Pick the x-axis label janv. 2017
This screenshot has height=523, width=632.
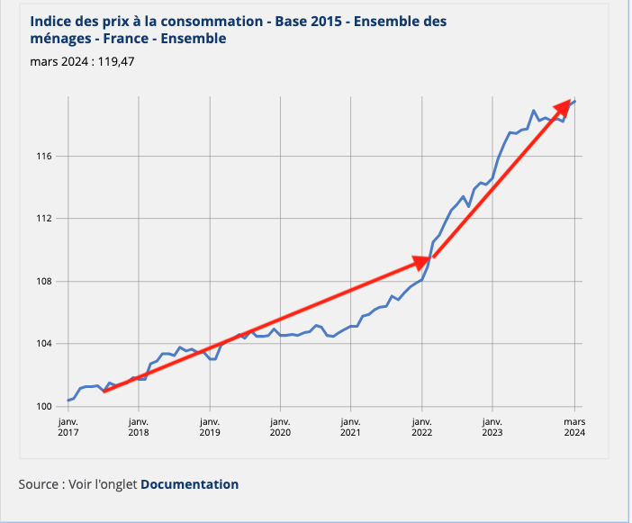click(68, 427)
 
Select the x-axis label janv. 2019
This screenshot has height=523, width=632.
click(209, 427)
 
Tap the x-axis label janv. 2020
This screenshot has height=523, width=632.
click(280, 427)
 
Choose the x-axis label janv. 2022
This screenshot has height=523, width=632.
click(421, 427)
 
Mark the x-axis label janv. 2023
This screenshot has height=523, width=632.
click(492, 427)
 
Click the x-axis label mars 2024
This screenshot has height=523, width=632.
click(574, 427)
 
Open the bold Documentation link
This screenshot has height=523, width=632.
click(189, 484)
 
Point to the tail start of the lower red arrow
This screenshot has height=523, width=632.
click(104, 392)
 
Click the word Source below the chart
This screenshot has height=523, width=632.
click(40, 484)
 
